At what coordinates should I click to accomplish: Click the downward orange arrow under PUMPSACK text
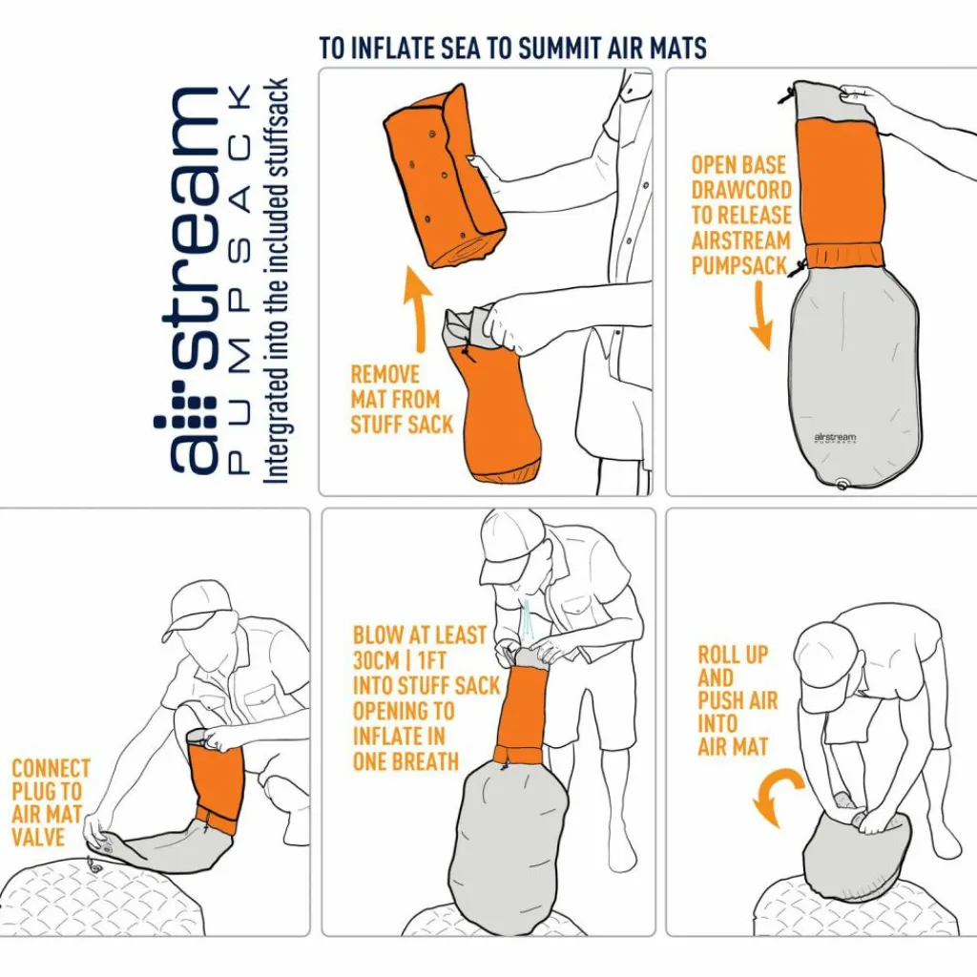[x=761, y=315]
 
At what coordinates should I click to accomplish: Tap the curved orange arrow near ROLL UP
[x=777, y=795]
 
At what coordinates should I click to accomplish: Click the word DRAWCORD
[x=741, y=190]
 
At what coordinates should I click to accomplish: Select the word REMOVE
[x=385, y=374]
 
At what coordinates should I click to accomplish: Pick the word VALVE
[x=38, y=837]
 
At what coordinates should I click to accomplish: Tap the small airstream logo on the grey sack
[x=835, y=438]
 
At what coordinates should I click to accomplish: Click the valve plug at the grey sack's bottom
[x=842, y=484]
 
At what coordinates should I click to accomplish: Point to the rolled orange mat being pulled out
[x=444, y=178]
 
